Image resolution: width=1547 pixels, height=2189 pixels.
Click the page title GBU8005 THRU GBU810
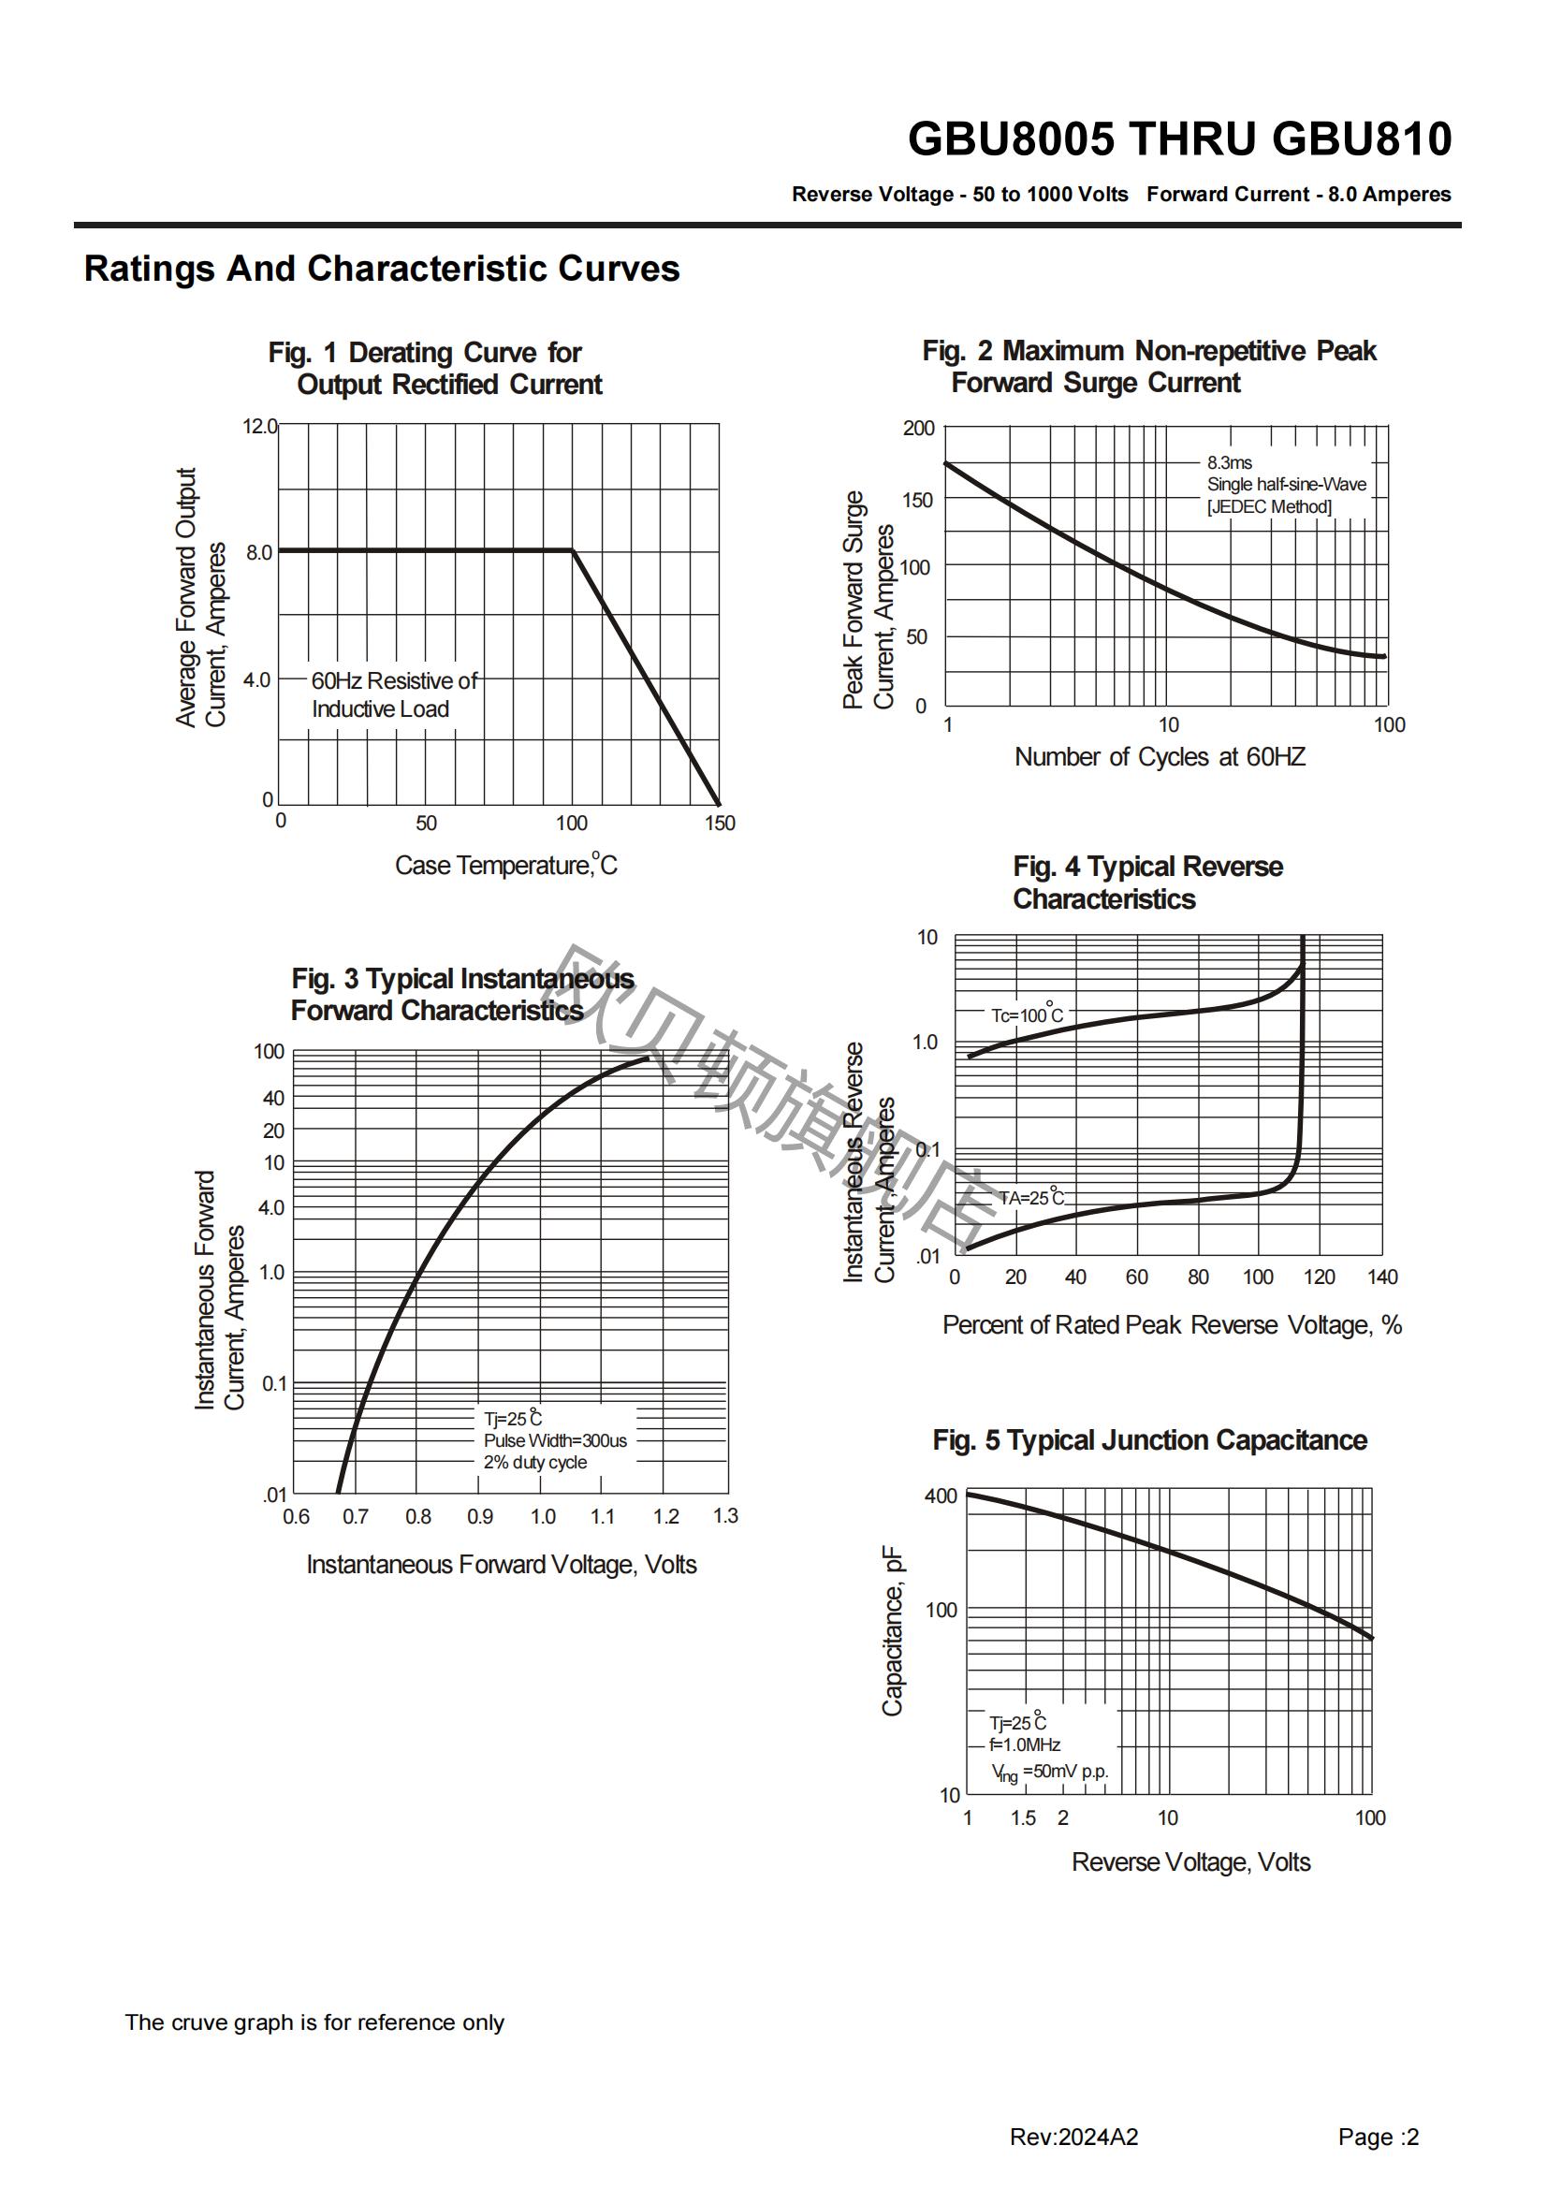pos(1179,139)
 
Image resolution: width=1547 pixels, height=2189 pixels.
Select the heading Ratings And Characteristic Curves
pos(381,269)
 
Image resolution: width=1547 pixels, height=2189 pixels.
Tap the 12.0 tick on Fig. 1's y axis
pos(259,426)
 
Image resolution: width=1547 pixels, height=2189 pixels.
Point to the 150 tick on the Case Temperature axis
pos(720,823)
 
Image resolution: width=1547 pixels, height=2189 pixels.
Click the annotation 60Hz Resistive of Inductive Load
pos(395,695)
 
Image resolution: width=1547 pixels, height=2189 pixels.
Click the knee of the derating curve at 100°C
pos(572,550)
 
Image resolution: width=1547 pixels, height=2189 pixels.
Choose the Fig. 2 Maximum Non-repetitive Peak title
pos(1148,351)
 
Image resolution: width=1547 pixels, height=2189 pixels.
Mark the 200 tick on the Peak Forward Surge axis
pos(919,428)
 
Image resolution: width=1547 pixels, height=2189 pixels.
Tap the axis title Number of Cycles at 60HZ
pos(1160,757)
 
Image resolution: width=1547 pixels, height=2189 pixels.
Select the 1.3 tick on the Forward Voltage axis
pos(725,1516)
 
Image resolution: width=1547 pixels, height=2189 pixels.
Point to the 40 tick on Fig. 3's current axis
pos(273,1099)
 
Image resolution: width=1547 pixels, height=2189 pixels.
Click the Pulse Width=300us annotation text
pos(555,1440)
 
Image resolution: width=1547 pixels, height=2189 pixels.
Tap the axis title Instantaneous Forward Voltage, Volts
pos(502,1565)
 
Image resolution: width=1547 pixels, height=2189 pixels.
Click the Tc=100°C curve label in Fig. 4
pos(1027,1014)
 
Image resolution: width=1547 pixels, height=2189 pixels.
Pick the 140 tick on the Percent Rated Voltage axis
pos(1382,1277)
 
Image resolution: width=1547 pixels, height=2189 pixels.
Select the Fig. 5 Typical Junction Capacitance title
pos(1149,1439)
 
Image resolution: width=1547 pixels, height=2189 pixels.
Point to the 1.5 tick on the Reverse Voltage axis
pos(1023,1818)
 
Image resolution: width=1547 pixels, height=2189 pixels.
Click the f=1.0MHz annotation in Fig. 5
pos(1025,1744)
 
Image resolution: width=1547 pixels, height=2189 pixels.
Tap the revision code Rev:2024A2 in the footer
pos(1074,2138)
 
